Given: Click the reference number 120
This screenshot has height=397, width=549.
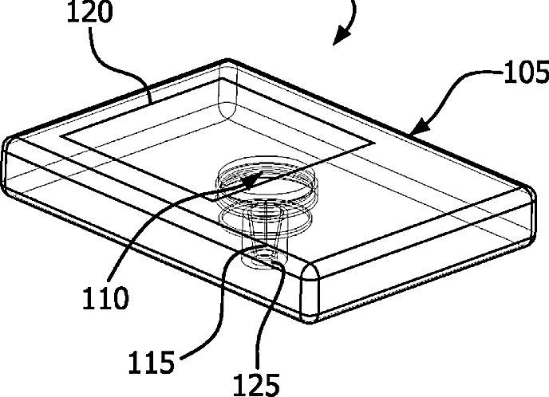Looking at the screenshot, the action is point(113,13).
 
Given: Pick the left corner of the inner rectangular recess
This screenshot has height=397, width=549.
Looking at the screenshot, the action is point(64,136).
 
